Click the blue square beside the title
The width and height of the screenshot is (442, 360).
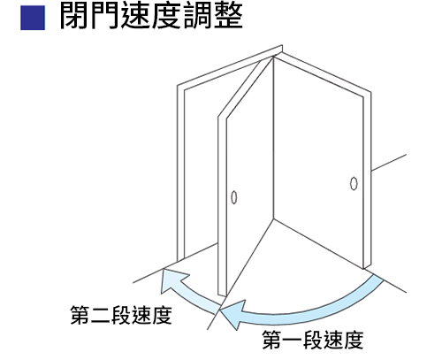coord(33,18)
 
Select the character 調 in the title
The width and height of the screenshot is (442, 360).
coord(197,16)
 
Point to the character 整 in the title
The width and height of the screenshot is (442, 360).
coord(228,16)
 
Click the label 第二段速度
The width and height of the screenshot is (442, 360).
coord(121,315)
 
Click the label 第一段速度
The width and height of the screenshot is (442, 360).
coord(313,340)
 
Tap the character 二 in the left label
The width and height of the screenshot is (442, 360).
coord(101,316)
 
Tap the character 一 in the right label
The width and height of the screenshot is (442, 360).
coord(293,340)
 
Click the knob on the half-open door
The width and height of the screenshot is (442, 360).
coord(234,197)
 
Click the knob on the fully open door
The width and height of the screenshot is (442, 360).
coord(354,183)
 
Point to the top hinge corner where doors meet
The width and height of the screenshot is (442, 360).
coord(273,57)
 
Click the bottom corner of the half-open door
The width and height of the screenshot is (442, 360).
coord(226,296)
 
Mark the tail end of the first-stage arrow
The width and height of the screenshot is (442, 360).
coord(378,278)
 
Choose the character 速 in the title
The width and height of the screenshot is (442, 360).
coord(136,16)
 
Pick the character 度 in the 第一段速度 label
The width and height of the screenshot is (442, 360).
coord(354,340)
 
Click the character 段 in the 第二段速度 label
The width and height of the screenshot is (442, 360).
coord(121,315)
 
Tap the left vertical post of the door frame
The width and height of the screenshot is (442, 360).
coord(180,173)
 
